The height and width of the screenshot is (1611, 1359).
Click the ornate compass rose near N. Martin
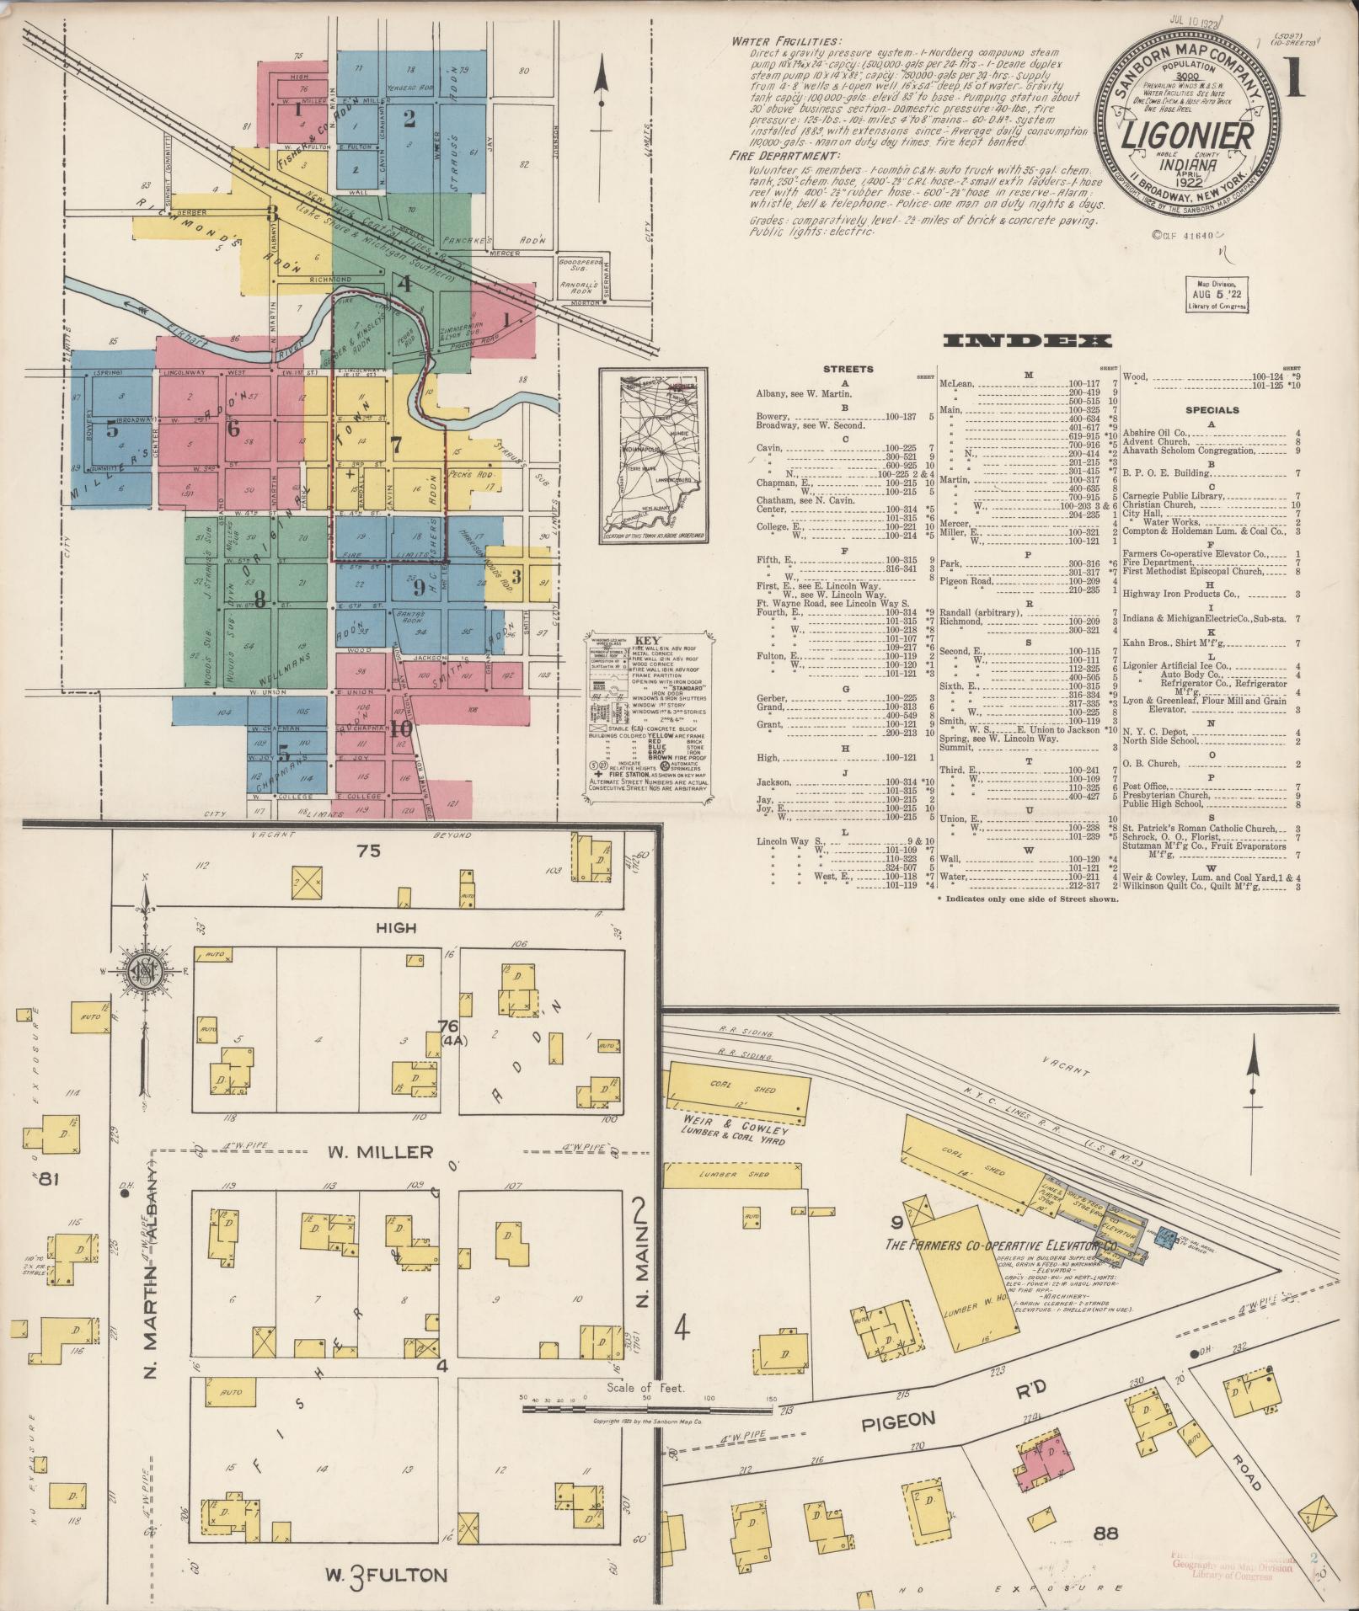click(145, 974)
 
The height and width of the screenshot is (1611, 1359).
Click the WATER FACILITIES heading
click(785, 40)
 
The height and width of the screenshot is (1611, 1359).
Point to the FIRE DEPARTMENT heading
click(780, 156)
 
